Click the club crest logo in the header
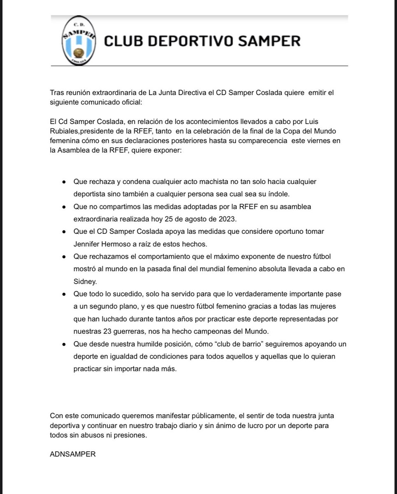click(x=78, y=41)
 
